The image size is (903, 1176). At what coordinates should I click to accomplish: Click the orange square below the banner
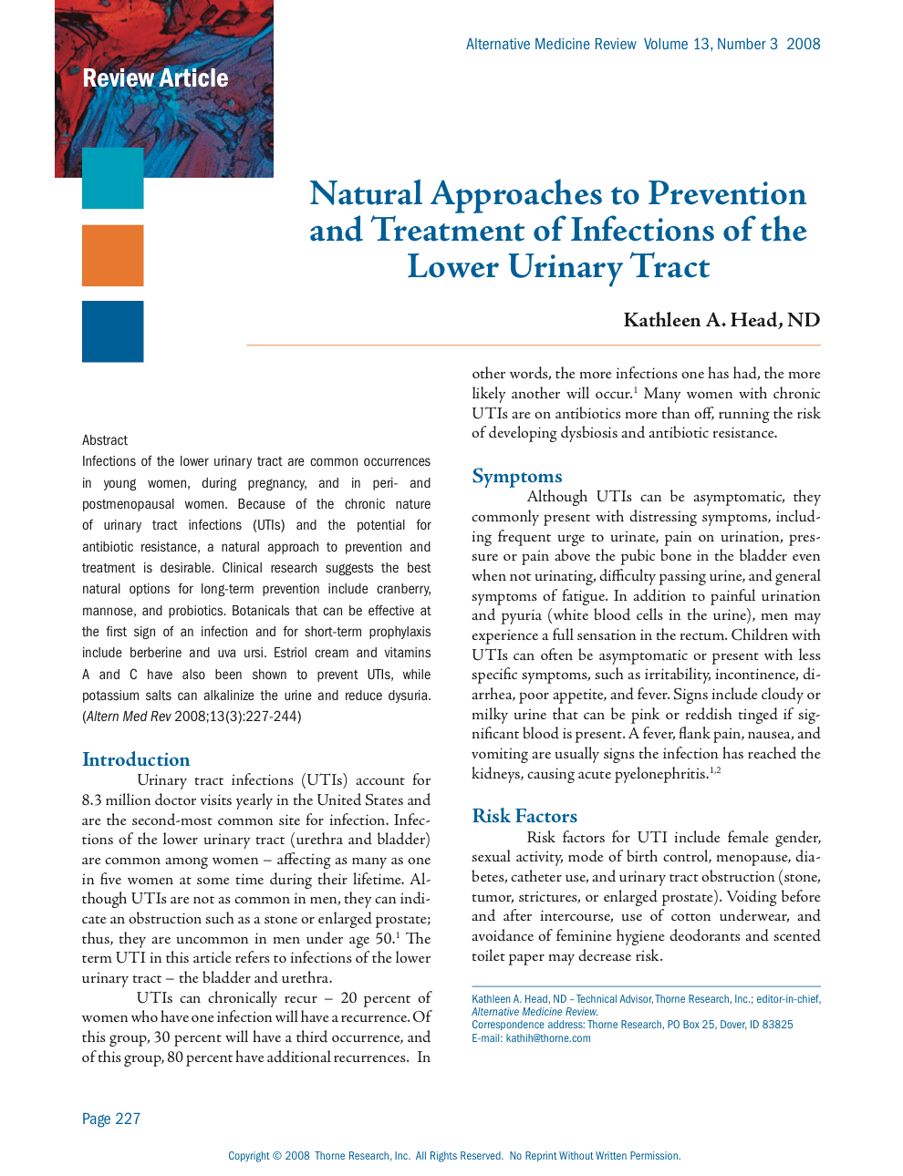(112, 255)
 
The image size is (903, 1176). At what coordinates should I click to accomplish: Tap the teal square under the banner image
(112, 178)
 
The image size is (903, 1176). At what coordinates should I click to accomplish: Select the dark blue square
(112, 332)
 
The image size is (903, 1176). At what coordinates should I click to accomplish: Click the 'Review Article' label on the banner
(155, 78)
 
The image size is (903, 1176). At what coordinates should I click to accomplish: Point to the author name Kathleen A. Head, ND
(721, 320)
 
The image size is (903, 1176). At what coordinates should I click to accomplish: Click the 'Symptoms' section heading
(516, 476)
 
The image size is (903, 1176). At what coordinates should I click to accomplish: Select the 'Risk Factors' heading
(524, 816)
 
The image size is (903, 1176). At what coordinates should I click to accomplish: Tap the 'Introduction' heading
(136, 759)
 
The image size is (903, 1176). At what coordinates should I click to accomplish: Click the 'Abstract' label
(105, 440)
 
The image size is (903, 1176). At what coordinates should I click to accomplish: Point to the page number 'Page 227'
(111, 1119)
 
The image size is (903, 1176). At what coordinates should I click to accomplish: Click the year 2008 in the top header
(803, 44)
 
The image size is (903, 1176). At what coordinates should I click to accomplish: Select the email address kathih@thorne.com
(548, 1038)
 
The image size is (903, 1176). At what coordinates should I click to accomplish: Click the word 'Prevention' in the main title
(727, 194)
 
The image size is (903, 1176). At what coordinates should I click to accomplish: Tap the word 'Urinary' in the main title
(565, 267)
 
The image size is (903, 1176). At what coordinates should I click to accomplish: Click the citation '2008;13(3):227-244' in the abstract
(238, 717)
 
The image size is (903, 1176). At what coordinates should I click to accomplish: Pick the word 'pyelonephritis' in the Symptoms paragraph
(661, 774)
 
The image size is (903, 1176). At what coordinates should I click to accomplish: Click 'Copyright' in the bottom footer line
(248, 1156)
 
